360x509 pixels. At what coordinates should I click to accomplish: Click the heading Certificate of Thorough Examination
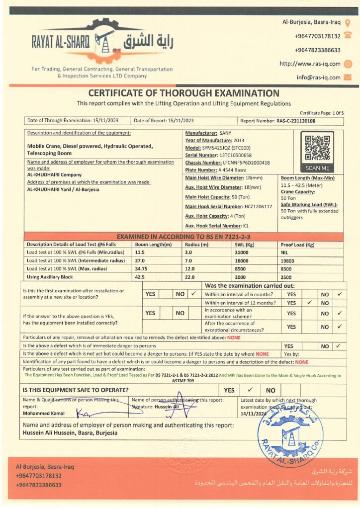[x=183, y=93]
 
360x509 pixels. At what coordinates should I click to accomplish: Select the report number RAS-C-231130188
[x=296, y=121]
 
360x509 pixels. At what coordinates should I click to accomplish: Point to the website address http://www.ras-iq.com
[x=310, y=64]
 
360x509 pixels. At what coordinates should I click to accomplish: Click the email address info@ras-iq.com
[x=319, y=78]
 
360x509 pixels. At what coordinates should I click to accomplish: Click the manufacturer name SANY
[x=225, y=133]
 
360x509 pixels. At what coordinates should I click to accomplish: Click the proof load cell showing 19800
[x=288, y=260]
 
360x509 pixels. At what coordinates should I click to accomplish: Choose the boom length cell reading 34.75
[x=141, y=268]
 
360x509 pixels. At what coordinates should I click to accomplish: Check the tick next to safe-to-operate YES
[x=251, y=390]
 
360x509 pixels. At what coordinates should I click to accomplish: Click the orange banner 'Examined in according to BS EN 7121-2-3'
[x=183, y=237]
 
